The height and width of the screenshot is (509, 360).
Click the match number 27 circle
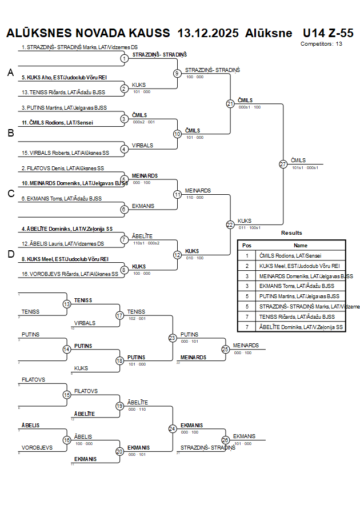point(283,165)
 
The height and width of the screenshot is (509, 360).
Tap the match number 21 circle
point(230,103)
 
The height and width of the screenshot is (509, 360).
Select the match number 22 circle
point(230,225)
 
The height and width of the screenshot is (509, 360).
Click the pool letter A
point(10,73)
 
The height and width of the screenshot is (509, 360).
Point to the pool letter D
point(10,254)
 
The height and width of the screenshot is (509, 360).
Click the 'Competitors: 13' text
point(321,44)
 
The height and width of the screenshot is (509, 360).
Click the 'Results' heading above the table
point(291,233)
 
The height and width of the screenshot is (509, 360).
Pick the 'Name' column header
point(301,245)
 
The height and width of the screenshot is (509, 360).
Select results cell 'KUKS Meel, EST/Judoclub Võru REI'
point(299,266)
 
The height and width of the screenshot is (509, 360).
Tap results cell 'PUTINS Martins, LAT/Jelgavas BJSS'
point(299,296)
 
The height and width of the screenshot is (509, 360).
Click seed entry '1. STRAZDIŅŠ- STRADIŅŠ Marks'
point(79,47)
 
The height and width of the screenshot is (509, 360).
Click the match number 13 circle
point(67,304)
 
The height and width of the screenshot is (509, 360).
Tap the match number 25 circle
point(226,348)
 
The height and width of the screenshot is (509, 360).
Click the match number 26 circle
point(226,440)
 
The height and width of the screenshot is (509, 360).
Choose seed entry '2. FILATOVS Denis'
point(63,169)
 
